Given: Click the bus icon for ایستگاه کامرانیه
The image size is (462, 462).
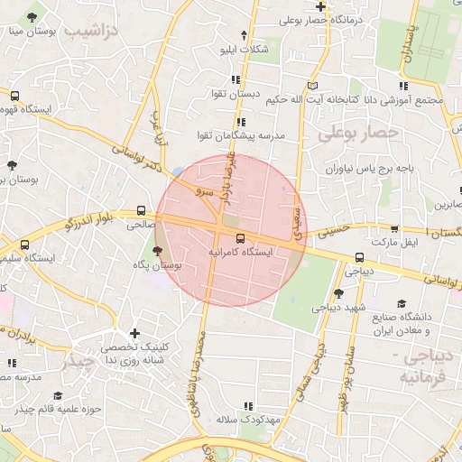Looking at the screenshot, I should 240,238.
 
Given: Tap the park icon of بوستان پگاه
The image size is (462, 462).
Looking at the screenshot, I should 159,252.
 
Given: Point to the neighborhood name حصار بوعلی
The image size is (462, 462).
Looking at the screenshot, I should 357,134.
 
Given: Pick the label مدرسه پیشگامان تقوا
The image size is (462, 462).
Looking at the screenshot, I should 241,135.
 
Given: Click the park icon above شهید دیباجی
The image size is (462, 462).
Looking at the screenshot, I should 337,292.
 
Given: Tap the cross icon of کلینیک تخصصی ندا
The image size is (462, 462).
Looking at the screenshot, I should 134,334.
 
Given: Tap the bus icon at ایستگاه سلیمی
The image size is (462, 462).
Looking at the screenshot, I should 24,245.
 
